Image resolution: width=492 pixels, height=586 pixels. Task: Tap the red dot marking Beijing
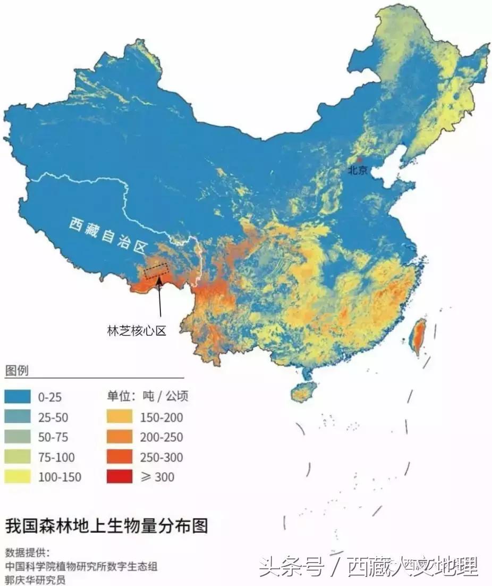(x=359, y=160)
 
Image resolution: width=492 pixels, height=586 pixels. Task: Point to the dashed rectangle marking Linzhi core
(x=156, y=271)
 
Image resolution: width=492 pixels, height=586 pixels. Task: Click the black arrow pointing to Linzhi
(x=159, y=300)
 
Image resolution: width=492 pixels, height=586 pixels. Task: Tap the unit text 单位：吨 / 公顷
(x=148, y=396)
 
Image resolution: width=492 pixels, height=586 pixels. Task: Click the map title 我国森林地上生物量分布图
(x=106, y=526)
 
